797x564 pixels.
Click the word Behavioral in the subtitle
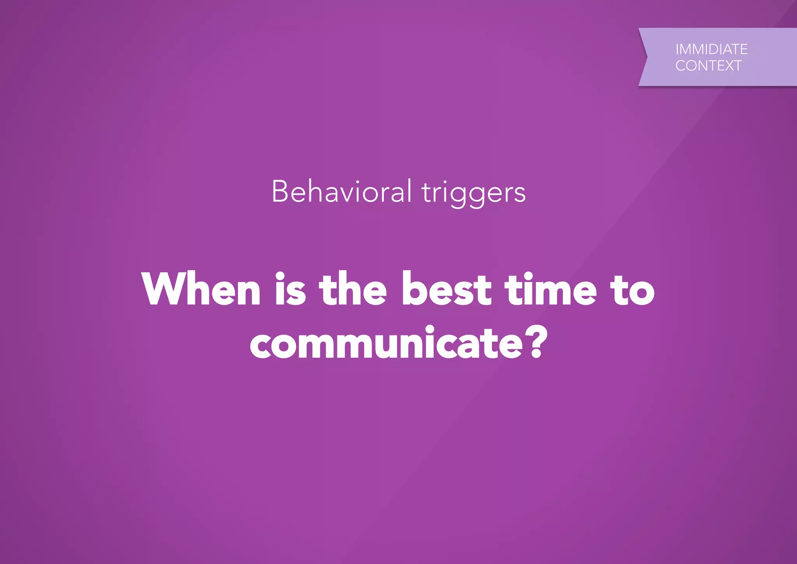[341, 191]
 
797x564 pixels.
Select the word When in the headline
[201, 289]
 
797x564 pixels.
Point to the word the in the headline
[353, 289]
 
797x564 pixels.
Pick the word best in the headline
[446, 289]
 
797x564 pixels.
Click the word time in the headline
[550, 289]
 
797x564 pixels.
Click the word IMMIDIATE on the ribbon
[711, 49]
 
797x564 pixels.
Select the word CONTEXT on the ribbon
[708, 66]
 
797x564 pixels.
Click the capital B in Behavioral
[280, 191]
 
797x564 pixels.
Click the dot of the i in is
[280, 275]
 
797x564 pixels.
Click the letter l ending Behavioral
[409, 190]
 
